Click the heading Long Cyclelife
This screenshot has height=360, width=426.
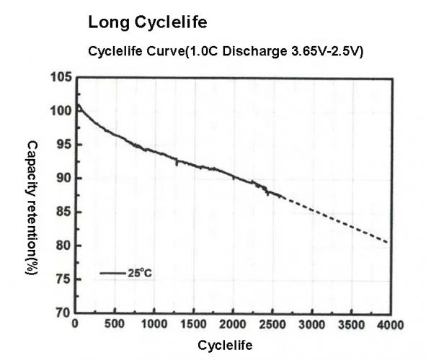[x=148, y=23]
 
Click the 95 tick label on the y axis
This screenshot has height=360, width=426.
[x=63, y=145]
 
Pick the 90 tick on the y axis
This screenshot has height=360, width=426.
[x=63, y=179]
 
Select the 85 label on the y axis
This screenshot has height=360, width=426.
[x=63, y=212]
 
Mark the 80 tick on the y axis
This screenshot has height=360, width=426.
[x=63, y=246]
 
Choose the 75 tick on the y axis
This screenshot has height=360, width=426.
[x=63, y=280]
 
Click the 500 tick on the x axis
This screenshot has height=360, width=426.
[x=115, y=324]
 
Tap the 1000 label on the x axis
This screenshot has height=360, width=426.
[x=154, y=324]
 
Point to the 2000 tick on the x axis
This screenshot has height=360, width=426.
[x=233, y=324]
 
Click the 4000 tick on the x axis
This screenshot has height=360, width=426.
[x=389, y=324]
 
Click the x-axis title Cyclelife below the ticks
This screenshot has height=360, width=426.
[x=225, y=345]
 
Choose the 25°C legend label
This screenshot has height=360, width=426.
[x=141, y=274]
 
